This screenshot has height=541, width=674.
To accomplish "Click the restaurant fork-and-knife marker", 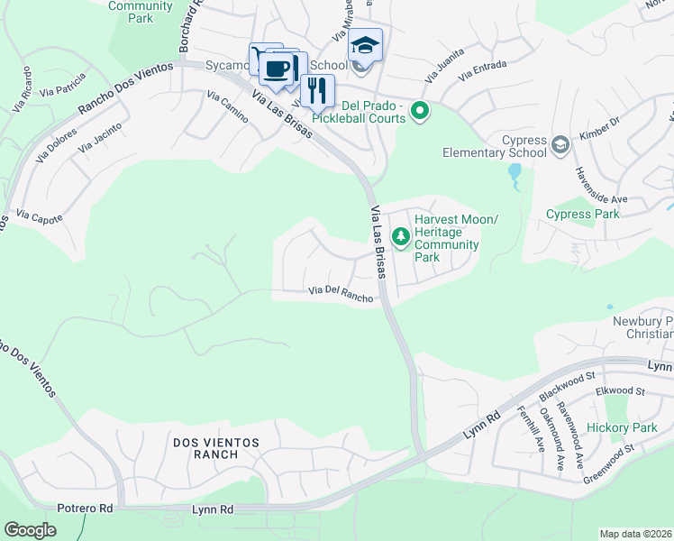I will pyautogui.click(x=316, y=91).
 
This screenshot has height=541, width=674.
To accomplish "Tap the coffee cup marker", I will pyautogui.click(x=279, y=68).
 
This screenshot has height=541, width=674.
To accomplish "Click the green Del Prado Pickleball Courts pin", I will pyautogui.click(x=419, y=111).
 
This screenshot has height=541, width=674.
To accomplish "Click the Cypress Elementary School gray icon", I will pyautogui.click(x=560, y=144).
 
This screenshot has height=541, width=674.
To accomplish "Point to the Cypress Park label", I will pyautogui.click(x=582, y=215).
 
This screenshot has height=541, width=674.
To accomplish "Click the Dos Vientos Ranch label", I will pyautogui.click(x=216, y=448).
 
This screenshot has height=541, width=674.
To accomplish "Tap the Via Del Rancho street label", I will pyautogui.click(x=341, y=295).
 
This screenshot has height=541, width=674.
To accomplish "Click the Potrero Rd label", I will pyautogui.click(x=85, y=509).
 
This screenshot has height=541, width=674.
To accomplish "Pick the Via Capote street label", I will pyautogui.click(x=40, y=218).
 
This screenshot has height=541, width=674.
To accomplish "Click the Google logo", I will pyautogui.click(x=31, y=530).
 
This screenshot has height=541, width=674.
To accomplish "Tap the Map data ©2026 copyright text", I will pyautogui.click(x=635, y=534).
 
